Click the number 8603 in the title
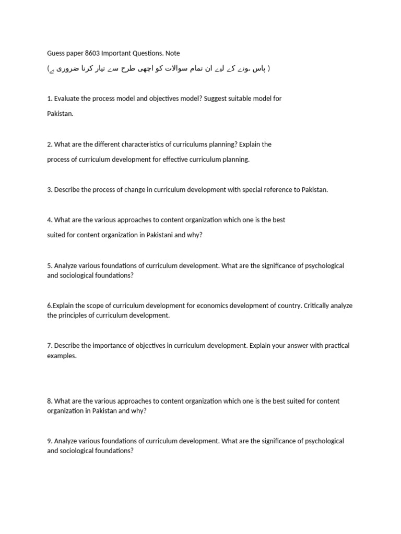92,53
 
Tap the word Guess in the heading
56,53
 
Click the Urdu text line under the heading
159,69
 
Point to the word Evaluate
68,99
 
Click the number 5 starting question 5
49,266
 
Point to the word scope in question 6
88,306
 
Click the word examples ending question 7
61,356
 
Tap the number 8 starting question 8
49,402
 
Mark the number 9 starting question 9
49,441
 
